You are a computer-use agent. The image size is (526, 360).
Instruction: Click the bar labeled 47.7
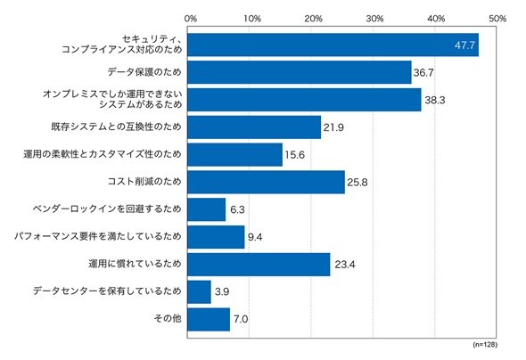click(333, 45)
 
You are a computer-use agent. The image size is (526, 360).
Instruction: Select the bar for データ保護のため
click(300, 72)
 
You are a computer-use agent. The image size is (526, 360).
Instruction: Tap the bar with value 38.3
click(304, 100)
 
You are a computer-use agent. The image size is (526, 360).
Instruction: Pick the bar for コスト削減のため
click(266, 182)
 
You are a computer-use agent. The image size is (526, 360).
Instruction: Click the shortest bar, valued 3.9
click(200, 292)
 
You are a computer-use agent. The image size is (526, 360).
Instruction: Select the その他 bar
click(209, 319)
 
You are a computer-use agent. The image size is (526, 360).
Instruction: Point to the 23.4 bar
click(259, 265)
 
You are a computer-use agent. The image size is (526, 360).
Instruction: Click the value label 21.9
click(333, 127)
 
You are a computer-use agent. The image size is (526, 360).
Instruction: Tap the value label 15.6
click(295, 155)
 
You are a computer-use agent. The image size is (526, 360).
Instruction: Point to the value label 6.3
click(237, 209)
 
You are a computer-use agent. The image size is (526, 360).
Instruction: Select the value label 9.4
click(255, 237)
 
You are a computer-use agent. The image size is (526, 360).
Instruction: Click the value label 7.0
click(241, 319)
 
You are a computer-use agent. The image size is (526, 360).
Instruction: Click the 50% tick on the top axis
click(497, 19)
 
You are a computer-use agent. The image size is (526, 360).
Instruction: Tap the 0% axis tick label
click(191, 19)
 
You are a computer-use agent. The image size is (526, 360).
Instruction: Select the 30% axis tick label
click(374, 19)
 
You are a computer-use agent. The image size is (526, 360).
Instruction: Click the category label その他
click(168, 318)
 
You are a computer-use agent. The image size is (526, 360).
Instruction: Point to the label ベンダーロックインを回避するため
click(107, 209)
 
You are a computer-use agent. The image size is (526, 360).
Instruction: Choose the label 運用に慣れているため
click(135, 264)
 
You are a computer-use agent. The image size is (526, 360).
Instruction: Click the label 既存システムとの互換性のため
click(117, 127)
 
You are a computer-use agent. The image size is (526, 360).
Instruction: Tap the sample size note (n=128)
click(485, 345)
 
